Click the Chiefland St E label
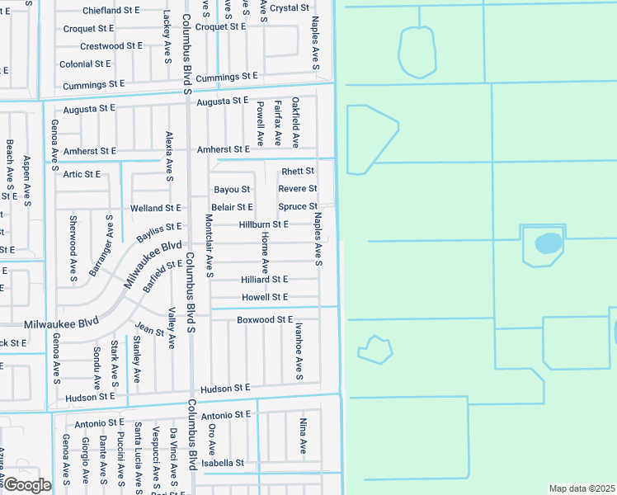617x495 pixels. (111, 11)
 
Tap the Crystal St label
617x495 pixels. (290, 8)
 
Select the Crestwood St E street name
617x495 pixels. (111, 46)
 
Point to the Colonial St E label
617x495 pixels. (85, 64)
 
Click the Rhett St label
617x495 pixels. (298, 172)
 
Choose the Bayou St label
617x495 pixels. (232, 190)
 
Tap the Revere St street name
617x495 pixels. (298, 189)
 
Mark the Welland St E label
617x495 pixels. (155, 209)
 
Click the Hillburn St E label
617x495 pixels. (263, 224)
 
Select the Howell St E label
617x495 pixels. (265, 297)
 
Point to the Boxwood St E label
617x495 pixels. (265, 319)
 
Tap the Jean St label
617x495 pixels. (149, 330)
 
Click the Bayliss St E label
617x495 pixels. (158, 232)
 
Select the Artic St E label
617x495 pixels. (82, 174)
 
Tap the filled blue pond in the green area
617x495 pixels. (549, 243)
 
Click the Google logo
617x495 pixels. (26, 485)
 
